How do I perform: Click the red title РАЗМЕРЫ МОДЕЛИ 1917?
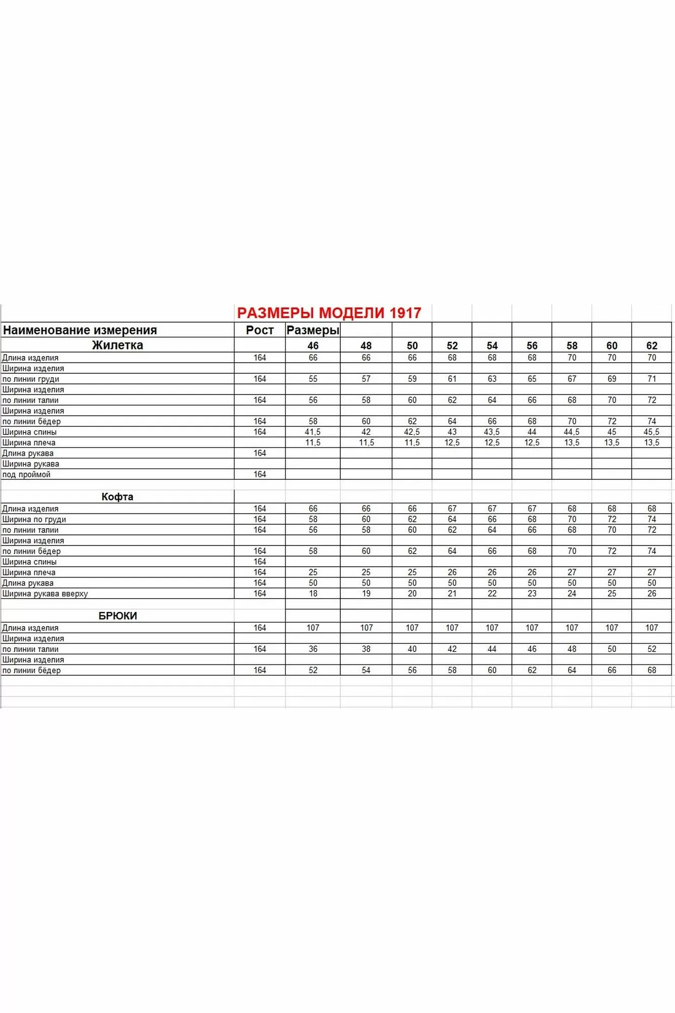coord(329,313)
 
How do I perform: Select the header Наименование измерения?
coord(80,330)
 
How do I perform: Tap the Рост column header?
coord(260,330)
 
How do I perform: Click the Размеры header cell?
coord(312,330)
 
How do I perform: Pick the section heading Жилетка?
coord(117,345)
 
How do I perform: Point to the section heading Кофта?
coord(117,497)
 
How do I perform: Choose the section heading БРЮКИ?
coord(117,616)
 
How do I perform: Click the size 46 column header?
coord(313,346)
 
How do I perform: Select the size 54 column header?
coord(492,346)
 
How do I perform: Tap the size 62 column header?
coord(652,346)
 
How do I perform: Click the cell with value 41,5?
coord(313,432)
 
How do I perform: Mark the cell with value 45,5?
coord(652,432)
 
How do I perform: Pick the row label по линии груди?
coord(31,379)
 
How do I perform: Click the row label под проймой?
coord(26,475)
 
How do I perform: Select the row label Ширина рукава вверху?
coord(45,594)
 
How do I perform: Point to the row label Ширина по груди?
coord(34,519)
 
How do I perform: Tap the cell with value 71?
coord(652,379)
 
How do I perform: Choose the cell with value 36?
coord(313,649)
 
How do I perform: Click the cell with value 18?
coord(313,594)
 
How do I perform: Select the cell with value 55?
coord(313,379)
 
